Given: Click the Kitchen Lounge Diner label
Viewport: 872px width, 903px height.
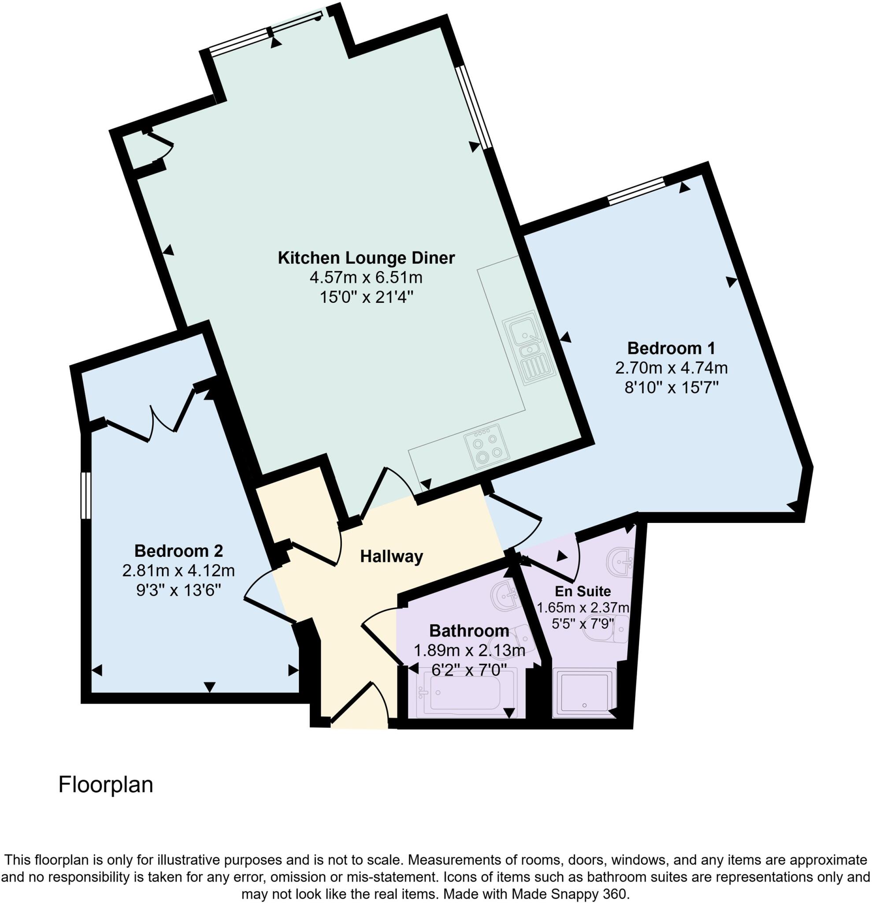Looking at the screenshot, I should pyautogui.click(x=366, y=257).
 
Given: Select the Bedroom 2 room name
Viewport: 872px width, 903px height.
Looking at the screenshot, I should pyautogui.click(x=178, y=551).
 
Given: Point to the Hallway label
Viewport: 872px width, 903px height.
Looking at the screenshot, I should pyautogui.click(x=391, y=556).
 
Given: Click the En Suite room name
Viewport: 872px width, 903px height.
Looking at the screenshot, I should pyautogui.click(x=583, y=591).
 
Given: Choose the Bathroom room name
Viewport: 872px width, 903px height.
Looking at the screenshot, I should pyautogui.click(x=469, y=630).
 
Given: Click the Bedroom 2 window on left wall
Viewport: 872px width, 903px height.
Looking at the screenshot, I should pyautogui.click(x=85, y=495).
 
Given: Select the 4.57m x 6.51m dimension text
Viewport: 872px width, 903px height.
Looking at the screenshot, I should pyautogui.click(x=366, y=278).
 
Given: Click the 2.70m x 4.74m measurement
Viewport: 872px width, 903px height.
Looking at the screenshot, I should pyautogui.click(x=671, y=368).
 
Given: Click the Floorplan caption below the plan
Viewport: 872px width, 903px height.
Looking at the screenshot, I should pyautogui.click(x=105, y=784).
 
